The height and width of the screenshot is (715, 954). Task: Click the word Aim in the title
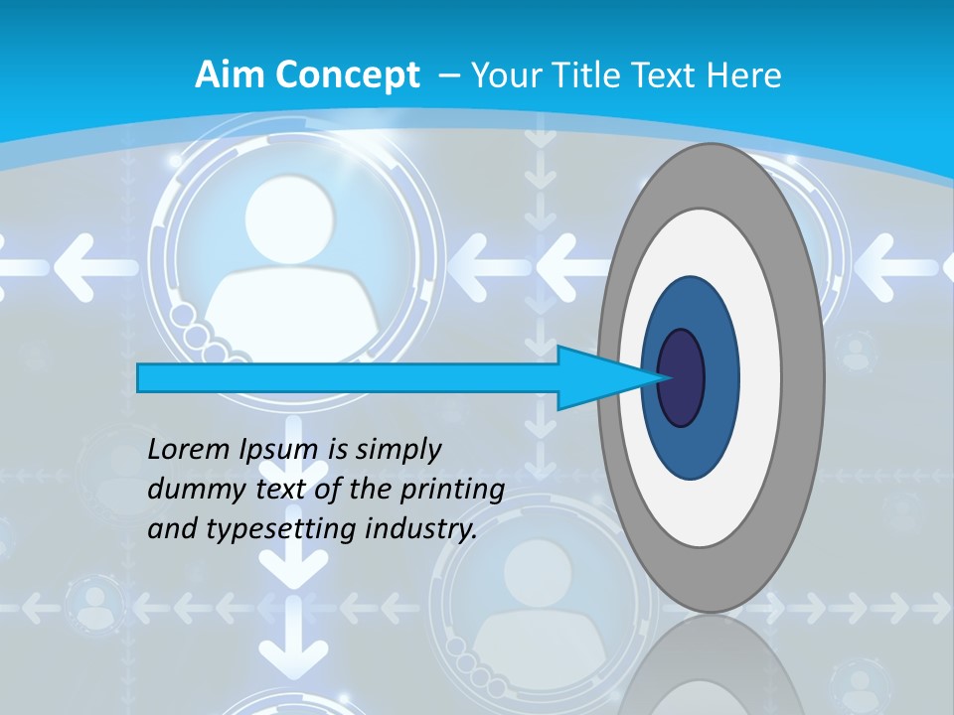(222, 75)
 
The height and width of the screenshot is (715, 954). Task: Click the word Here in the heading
(745, 75)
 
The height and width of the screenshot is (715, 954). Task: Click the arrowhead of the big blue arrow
(596, 377)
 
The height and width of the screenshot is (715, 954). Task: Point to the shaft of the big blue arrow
(348, 377)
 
